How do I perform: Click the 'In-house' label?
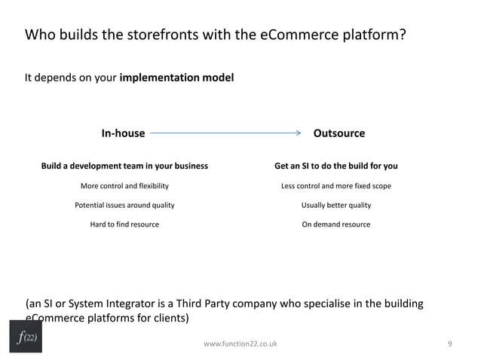point(123,133)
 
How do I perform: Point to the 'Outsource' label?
point(339,133)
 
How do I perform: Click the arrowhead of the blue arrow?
point(297,133)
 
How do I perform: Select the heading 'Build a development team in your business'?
point(124,166)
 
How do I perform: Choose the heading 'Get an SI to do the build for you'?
point(335,166)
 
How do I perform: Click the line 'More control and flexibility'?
point(124,185)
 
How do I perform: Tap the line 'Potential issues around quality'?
point(124,205)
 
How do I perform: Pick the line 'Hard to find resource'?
point(124,224)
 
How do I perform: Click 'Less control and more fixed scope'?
point(335,185)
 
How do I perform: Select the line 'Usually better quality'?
point(335,205)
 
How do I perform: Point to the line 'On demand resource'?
point(335,224)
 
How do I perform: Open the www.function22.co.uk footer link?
point(240,343)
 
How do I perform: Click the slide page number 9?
point(449,343)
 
